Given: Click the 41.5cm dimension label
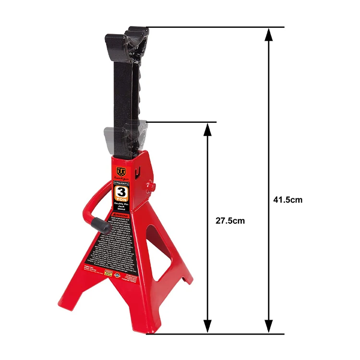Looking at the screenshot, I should click(288, 200).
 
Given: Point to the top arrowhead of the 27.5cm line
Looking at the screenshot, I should click(207, 128).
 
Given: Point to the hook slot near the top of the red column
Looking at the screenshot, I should click(138, 167).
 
